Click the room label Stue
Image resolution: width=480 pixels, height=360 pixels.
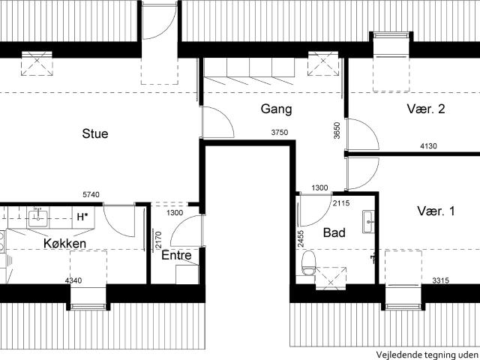[x=95, y=133]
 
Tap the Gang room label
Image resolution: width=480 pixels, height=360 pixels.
[x=277, y=109]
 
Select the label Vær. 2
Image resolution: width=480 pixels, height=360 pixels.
[x=426, y=109]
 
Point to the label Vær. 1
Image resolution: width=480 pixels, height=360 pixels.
[x=436, y=211]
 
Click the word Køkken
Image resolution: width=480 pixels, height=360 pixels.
[x=65, y=244]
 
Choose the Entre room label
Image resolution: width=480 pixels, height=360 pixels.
[x=176, y=255]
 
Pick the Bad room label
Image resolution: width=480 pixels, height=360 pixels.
[x=334, y=232]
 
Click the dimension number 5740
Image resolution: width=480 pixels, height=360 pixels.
[x=91, y=195]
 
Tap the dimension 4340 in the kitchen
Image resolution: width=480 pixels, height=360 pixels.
[x=73, y=280]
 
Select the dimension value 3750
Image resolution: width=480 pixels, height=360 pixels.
[x=280, y=132]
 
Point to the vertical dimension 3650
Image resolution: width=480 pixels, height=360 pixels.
[x=337, y=130]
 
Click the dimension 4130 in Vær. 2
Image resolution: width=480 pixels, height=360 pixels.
[x=428, y=146]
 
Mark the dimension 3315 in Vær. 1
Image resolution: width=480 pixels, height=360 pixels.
[x=441, y=280]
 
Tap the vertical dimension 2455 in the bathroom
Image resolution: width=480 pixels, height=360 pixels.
[x=301, y=238]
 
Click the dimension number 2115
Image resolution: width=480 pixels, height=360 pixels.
[x=341, y=203]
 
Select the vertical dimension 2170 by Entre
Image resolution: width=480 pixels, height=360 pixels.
[x=158, y=240]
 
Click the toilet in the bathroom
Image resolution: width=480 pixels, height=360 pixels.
[x=308, y=262]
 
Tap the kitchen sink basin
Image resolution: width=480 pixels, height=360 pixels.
[x=37, y=218]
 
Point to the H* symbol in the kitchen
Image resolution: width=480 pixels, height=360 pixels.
[x=82, y=217]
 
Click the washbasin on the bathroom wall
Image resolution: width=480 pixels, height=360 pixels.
[x=368, y=222]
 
